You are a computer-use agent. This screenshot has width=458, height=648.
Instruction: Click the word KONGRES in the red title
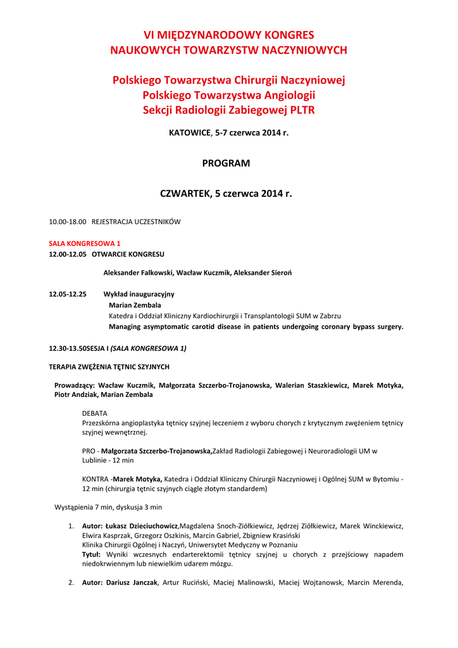coord(285,35)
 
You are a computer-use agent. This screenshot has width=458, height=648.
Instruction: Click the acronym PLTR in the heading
coord(302,110)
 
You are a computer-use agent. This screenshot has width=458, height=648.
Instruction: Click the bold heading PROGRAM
coord(226,163)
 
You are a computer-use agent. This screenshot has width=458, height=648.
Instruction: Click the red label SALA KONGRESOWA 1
coord(85,243)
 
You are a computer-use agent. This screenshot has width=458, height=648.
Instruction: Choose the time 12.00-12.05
coord(68,254)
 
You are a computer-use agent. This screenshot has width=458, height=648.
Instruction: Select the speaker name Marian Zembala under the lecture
coord(135,305)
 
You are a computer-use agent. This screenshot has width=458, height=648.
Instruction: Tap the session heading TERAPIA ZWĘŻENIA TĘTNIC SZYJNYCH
coord(109,367)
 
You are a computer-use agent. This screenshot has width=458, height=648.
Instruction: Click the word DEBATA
coord(95,413)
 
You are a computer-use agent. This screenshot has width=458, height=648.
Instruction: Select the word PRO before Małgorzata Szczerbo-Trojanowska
coord(89,451)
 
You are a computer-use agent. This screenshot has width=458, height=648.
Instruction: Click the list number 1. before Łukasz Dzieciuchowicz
coord(71,526)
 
